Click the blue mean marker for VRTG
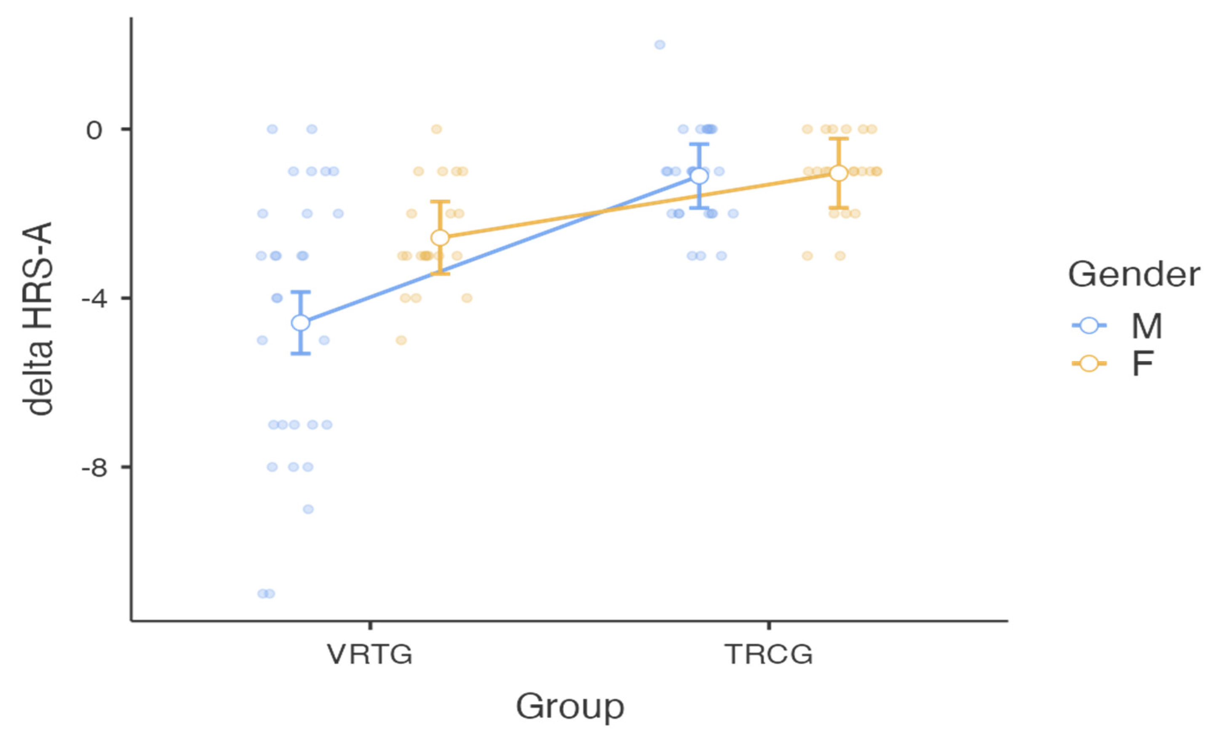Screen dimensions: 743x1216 (301, 322)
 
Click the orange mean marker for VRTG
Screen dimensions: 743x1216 (440, 237)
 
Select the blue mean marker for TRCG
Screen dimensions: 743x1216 (699, 176)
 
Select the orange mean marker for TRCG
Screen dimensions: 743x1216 (839, 173)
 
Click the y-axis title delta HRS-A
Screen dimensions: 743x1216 (38, 319)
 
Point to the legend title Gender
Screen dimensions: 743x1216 (1133, 274)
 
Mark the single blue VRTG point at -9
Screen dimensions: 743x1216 (308, 509)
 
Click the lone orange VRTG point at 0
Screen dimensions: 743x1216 (436, 129)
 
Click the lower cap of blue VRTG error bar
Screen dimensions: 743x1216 (301, 354)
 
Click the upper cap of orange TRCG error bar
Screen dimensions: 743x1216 (839, 139)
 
